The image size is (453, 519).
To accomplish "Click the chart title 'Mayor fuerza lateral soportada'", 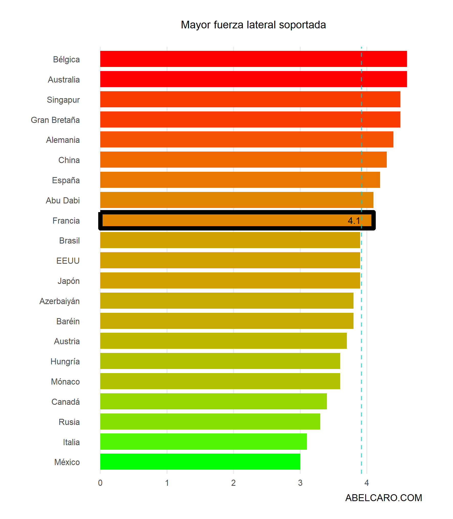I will pos(253,25).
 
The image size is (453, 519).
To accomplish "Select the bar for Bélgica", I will pos(253,59).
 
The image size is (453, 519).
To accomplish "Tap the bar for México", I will pos(200,462).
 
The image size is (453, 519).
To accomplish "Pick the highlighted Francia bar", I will pos(237,220).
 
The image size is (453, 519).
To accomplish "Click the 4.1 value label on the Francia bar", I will pos(354,221).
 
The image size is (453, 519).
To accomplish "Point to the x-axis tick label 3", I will pos(300,483).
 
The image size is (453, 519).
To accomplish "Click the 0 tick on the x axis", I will pos(100,483).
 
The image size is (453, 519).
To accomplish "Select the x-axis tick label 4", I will pos(367,483).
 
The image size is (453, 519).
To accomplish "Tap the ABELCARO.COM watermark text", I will pos(383,498).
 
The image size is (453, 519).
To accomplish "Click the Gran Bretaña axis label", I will pos(55,120).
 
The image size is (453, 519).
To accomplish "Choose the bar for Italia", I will pos(203,441).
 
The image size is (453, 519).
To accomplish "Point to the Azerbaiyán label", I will pos(60,301).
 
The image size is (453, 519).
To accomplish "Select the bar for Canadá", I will pos(213,401).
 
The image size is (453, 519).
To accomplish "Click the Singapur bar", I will pos(250,99).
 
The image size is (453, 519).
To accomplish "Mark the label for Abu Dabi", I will pos(63,200).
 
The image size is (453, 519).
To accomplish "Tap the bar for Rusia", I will pos(210,421).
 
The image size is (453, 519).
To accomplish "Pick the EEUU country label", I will pos(68,261).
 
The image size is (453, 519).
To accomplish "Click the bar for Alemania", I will pos(247,140).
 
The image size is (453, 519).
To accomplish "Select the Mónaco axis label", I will pos(65,382).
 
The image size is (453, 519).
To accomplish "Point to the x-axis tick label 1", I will pos(167,483).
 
